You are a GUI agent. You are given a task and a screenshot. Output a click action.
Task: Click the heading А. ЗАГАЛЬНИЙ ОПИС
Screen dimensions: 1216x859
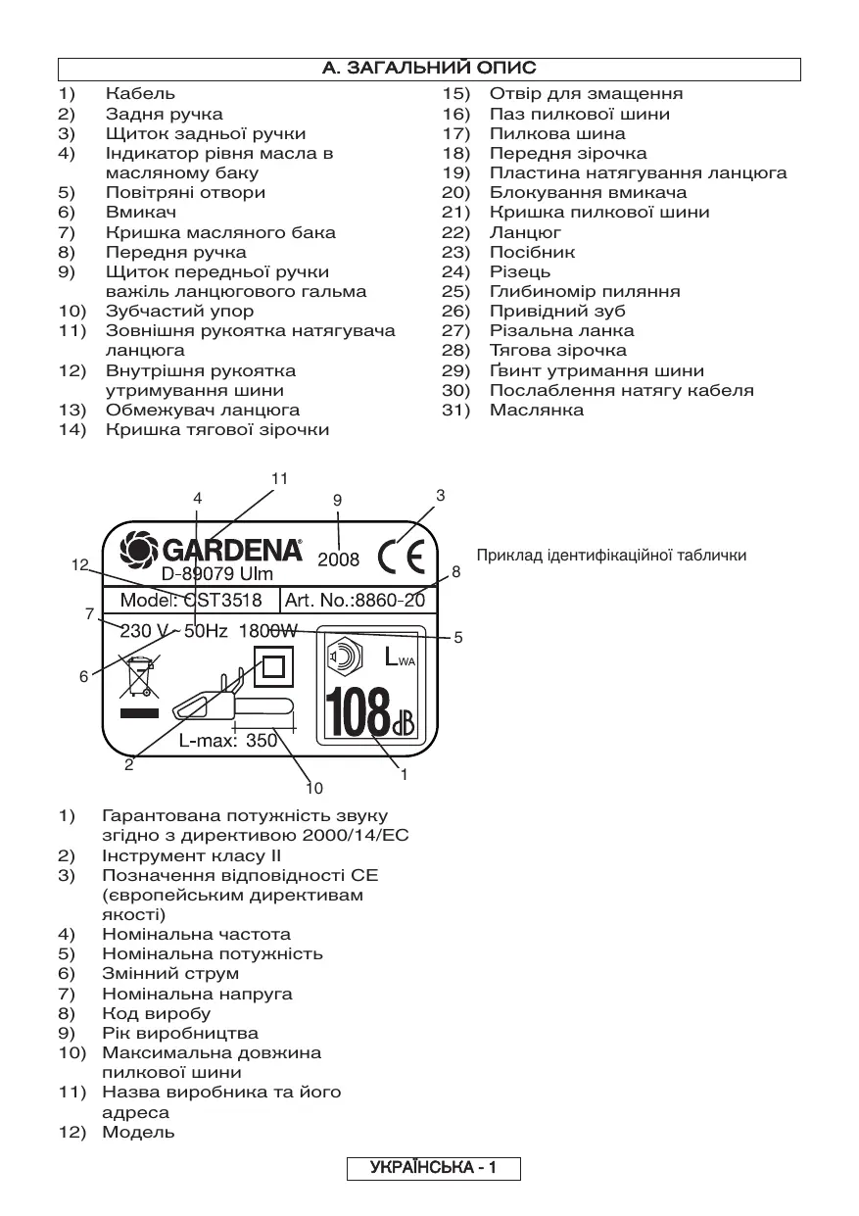tap(429, 70)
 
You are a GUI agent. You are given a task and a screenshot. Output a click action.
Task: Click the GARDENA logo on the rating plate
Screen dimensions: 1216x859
tap(211, 548)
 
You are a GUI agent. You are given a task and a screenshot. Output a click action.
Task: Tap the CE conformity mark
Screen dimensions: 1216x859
tap(402, 557)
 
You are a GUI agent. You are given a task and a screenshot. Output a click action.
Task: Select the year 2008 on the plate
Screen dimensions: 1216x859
tap(338, 560)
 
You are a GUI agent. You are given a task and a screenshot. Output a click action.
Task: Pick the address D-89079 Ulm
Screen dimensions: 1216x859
tap(217, 574)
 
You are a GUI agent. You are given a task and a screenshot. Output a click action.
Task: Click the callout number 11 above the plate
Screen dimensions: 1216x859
tap(280, 478)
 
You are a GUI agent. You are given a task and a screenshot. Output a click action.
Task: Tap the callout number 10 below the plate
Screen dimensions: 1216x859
tap(313, 787)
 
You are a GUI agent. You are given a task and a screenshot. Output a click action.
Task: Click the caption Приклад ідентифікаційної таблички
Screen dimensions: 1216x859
tap(611, 556)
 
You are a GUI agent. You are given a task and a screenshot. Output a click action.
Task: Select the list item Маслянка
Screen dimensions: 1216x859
tap(537, 410)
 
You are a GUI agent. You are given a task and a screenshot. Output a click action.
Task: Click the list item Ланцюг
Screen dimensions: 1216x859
tap(526, 232)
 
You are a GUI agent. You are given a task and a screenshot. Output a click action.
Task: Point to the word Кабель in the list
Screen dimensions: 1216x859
tap(141, 94)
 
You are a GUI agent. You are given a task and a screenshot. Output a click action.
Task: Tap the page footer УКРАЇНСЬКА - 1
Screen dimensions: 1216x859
tap(433, 1168)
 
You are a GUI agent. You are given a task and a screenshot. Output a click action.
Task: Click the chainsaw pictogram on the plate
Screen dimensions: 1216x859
tap(233, 701)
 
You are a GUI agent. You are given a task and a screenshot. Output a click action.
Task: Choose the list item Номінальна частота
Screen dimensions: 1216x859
tap(196, 934)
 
